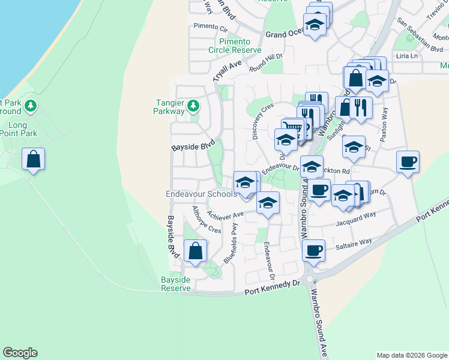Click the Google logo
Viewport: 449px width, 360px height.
[20, 353]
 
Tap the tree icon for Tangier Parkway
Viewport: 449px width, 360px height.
[193, 107]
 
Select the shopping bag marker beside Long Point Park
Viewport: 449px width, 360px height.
[34, 160]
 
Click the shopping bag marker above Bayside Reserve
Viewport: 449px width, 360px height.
[195, 251]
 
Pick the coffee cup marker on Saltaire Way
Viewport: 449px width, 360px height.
[313, 251]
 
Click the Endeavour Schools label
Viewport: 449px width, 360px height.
[201, 194]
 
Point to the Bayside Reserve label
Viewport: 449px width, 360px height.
[176, 284]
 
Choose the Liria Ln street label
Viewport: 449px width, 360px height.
[406, 55]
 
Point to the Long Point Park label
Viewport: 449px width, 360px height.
[19, 129]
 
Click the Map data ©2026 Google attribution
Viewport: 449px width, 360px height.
[411, 355]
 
